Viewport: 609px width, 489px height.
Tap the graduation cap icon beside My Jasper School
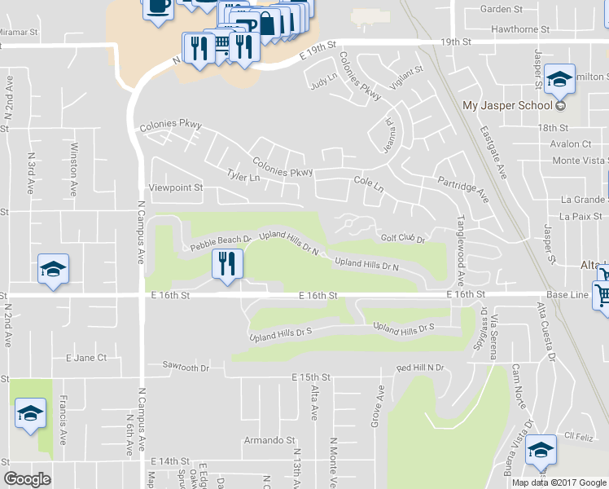[x=559, y=79]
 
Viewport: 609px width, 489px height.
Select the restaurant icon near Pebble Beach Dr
[x=227, y=264]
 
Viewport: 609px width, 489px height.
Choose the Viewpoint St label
[x=174, y=187]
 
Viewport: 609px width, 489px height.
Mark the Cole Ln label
[x=368, y=184]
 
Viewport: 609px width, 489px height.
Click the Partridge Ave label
[x=462, y=188]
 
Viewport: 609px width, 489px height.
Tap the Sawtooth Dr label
[x=186, y=367]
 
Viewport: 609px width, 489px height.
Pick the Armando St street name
[x=269, y=440]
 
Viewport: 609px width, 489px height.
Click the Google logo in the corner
[x=27, y=479]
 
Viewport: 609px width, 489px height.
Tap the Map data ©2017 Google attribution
[x=559, y=482]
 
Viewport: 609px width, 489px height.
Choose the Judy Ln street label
[x=323, y=81]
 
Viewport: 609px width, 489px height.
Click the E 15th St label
[x=312, y=377]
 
